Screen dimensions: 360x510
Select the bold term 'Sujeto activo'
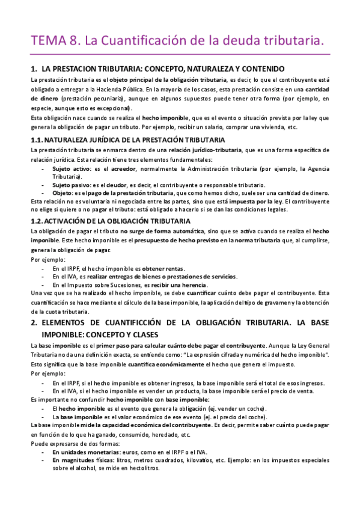tap(70, 169)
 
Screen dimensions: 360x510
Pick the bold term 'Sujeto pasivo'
tap(70, 185)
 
